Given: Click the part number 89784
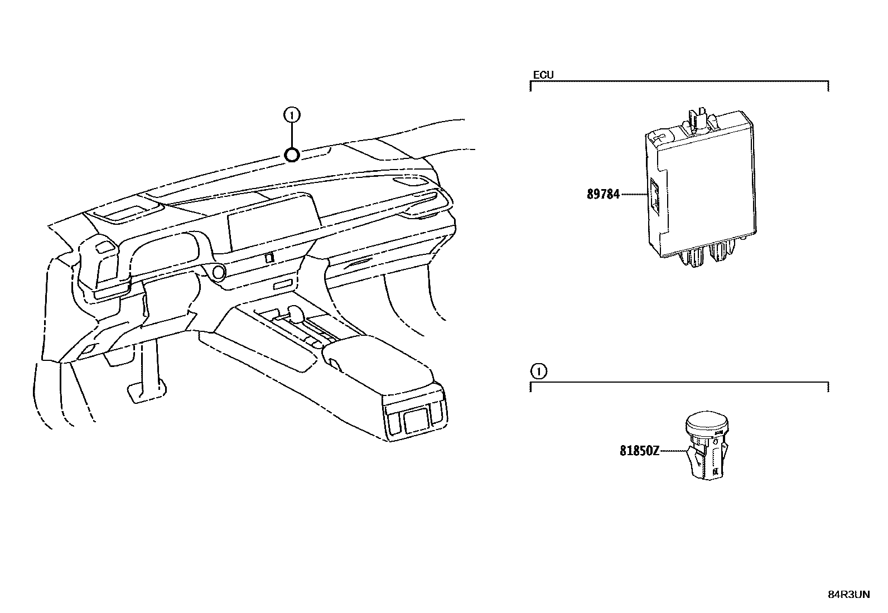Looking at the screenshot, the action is pos(603,195).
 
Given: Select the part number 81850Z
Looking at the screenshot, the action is pos(639,450).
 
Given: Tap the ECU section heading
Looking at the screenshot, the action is pos(543,75).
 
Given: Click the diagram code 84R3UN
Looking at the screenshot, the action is pos(848,595).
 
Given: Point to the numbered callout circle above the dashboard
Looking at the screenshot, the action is pos(291,115).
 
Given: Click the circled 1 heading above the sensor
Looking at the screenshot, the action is pos(538,371).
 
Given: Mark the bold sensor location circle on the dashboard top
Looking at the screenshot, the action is pos(292,155).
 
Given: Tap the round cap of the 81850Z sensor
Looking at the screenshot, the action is pos(707,423).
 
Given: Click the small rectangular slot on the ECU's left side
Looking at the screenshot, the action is pos(654,196).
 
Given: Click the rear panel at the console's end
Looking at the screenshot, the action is pos(416,418).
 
